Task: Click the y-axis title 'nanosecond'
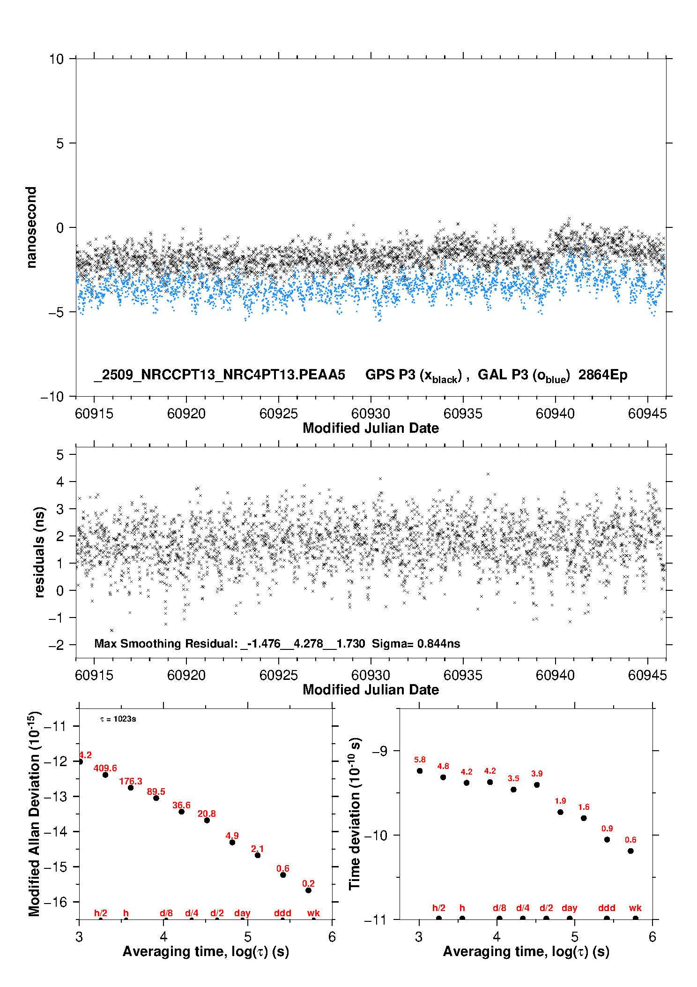31,227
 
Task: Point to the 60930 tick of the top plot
371,414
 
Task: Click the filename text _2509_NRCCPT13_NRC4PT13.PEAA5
219,375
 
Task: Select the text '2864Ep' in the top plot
602,375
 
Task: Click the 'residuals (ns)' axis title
39,552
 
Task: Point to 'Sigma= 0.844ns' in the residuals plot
416,643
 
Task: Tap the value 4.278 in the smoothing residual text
308,643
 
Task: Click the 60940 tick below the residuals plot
555,675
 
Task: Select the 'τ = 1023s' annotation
118,719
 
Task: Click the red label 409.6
105,768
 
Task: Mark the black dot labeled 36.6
181,812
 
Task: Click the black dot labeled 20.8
207,820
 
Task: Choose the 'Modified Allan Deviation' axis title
34,814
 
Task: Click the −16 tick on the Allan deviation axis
56,902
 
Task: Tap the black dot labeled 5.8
420,771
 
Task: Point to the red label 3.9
537,774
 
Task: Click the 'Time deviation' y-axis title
355,814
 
